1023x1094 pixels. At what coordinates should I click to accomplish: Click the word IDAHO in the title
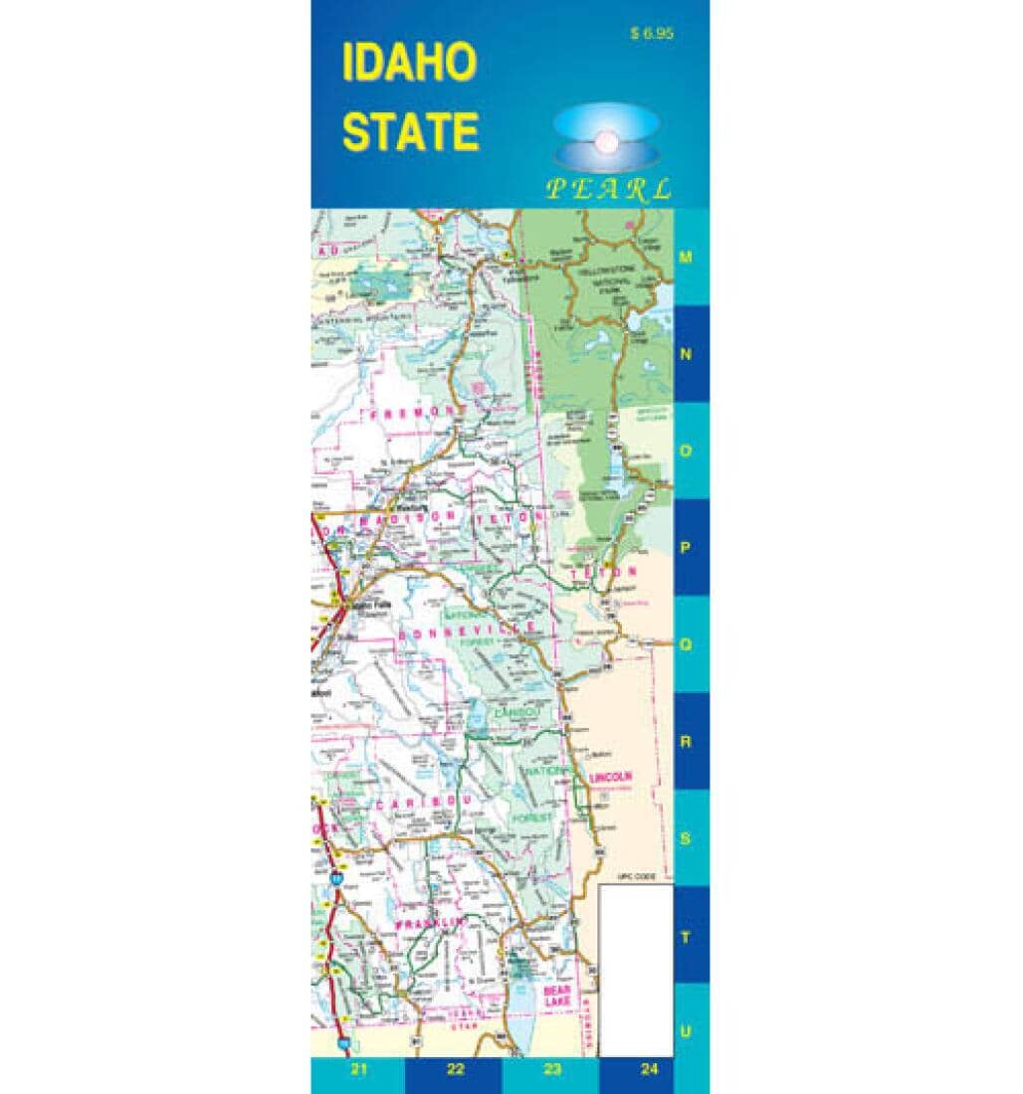409,63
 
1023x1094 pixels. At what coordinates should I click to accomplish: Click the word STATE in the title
409,131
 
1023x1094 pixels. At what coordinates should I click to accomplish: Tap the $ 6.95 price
652,33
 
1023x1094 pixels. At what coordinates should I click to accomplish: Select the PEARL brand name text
608,189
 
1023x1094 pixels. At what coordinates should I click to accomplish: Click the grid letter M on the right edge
685,257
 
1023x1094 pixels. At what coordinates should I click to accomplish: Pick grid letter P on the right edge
685,547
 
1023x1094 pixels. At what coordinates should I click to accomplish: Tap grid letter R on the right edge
685,742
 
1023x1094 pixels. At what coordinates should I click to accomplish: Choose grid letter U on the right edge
685,1031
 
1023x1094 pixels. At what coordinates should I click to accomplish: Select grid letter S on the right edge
685,837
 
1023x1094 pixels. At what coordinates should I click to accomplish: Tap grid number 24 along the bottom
649,1070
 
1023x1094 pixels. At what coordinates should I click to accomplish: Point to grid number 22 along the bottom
455,1070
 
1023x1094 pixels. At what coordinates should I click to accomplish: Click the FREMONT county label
407,411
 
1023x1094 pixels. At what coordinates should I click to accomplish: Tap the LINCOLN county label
611,777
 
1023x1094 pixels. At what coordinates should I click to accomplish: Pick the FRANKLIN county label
430,924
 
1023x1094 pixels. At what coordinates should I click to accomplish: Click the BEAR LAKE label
555,996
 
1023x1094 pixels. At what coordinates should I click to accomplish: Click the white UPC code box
637,971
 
